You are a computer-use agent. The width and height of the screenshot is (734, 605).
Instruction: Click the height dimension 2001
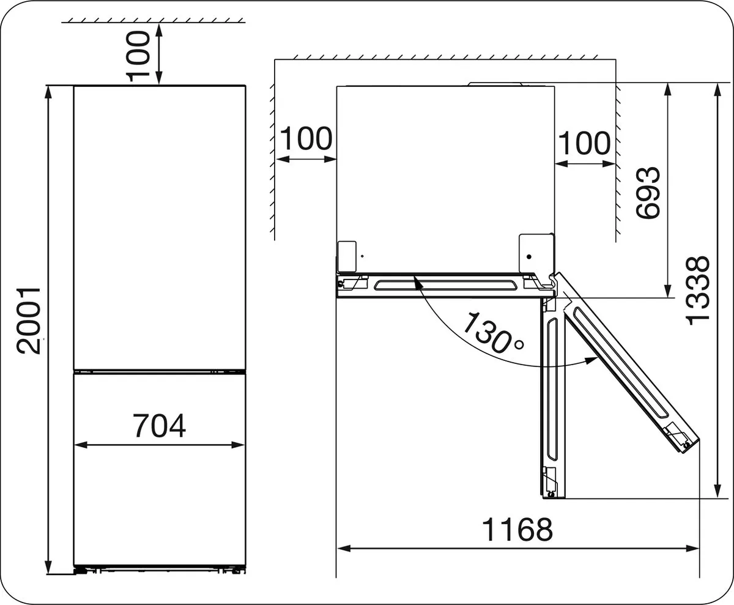coord(29,321)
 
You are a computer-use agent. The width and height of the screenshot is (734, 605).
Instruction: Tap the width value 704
coord(159,426)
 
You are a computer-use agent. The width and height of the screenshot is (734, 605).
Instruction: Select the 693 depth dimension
coord(648,193)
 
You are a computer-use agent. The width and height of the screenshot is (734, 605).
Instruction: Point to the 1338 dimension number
coord(698,291)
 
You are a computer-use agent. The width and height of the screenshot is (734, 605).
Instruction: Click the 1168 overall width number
coord(517,529)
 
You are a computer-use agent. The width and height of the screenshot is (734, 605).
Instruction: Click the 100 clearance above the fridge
coord(138,56)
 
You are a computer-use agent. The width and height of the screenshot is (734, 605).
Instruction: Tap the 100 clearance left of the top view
coord(306,138)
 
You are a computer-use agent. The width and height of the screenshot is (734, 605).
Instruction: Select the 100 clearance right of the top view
coord(584,143)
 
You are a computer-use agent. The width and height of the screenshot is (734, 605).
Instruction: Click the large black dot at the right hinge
coord(529,257)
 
